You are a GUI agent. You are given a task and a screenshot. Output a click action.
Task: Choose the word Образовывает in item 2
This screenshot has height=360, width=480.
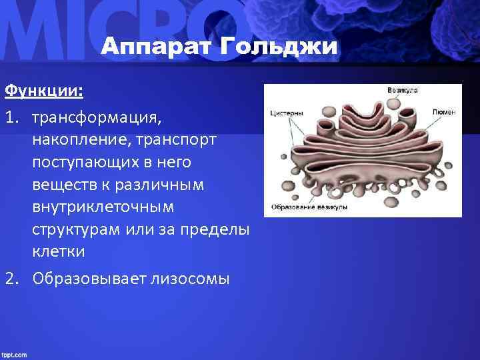(x=85, y=278)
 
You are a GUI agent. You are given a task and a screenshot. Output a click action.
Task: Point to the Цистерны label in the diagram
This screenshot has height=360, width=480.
(x=287, y=113)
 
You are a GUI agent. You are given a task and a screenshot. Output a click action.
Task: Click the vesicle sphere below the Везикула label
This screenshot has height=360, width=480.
(x=394, y=103)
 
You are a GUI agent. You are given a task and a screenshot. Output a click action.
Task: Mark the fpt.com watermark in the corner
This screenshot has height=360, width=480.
(x=14, y=354)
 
